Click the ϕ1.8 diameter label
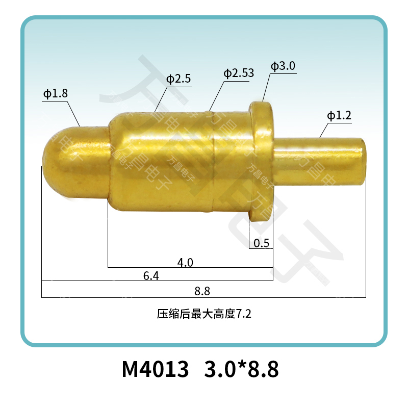[56, 93]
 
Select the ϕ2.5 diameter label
[178, 79]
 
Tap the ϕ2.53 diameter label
[239, 73]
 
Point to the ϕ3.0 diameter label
[283, 66]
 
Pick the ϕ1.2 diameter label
[339, 115]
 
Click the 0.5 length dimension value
[261, 243]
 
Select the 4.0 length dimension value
[185, 263]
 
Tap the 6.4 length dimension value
[151, 276]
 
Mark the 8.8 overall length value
[202, 291]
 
